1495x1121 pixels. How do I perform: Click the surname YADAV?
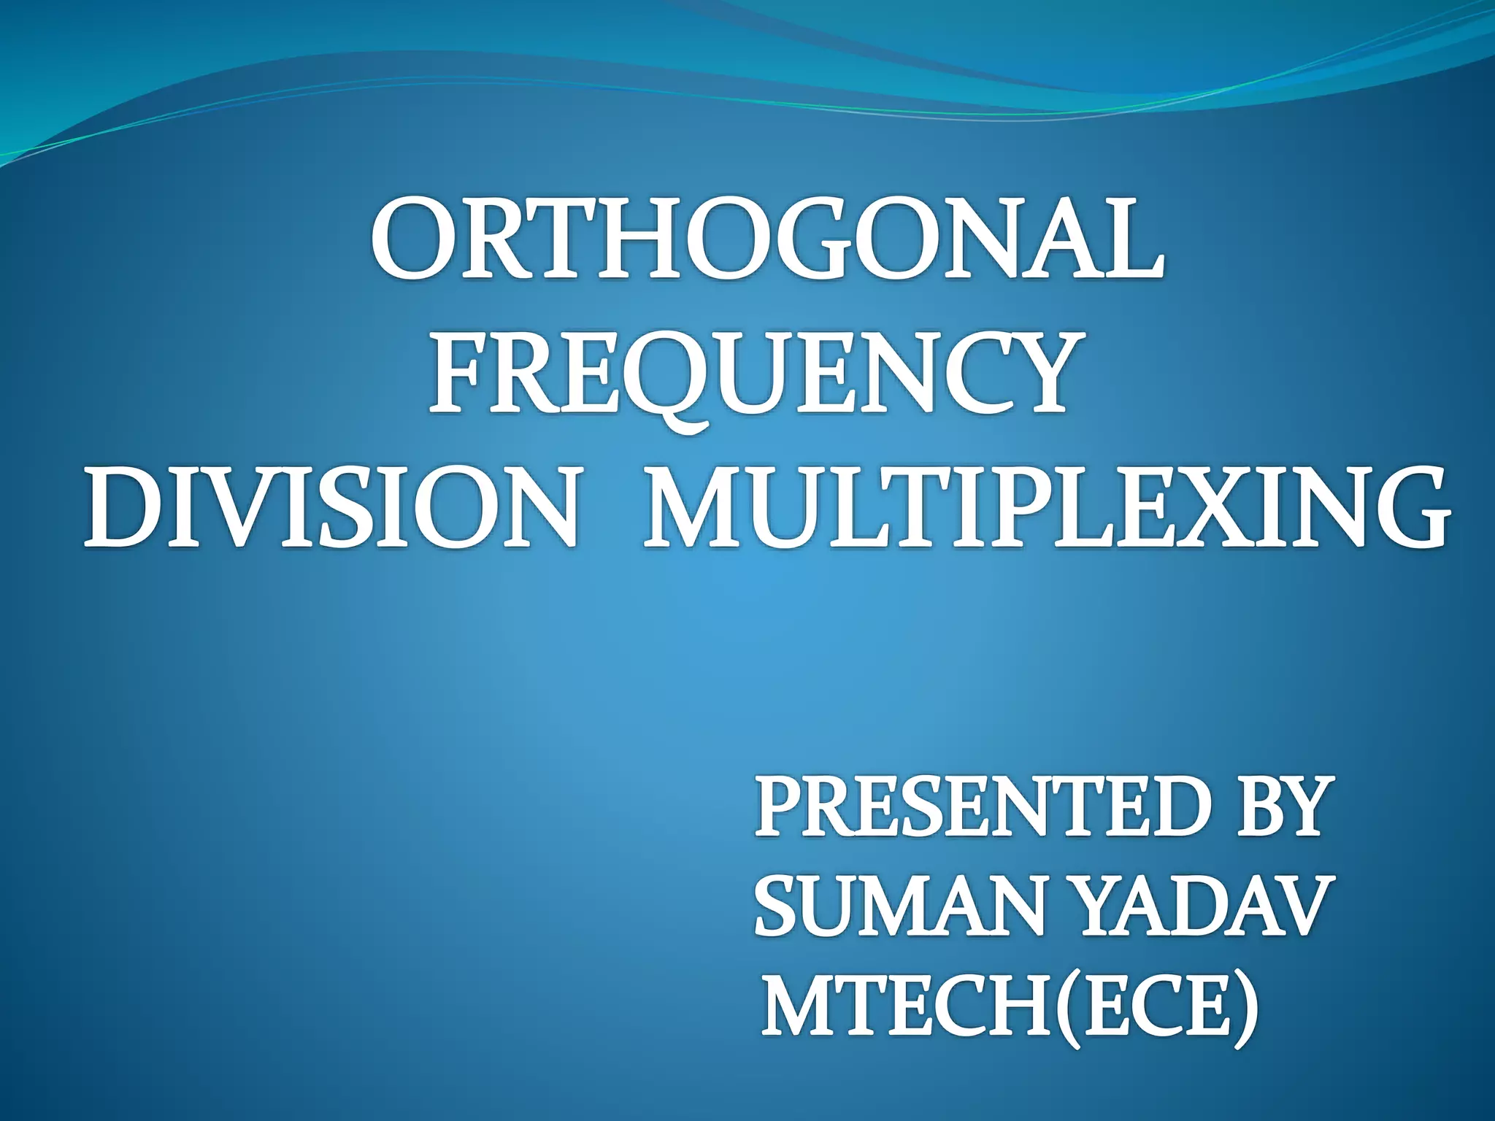[x=1197, y=907]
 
